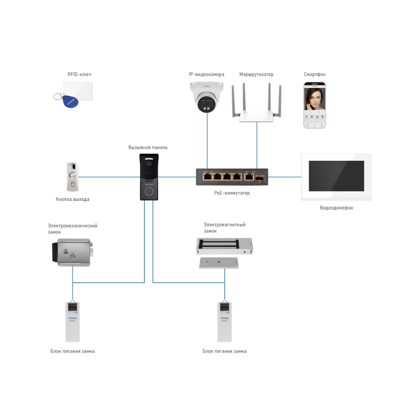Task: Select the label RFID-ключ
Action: [79, 74]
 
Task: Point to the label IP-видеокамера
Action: [206, 75]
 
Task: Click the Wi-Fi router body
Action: [256, 115]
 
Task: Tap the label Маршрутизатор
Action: [256, 75]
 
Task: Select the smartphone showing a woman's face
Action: [315, 105]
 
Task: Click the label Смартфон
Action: [315, 75]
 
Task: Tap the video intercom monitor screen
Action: [336, 176]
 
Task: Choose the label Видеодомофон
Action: [336, 208]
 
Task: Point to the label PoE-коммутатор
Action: [232, 193]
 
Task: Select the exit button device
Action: [73, 177]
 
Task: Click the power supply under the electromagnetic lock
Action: [225, 321]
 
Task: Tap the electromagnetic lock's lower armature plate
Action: [219, 263]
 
